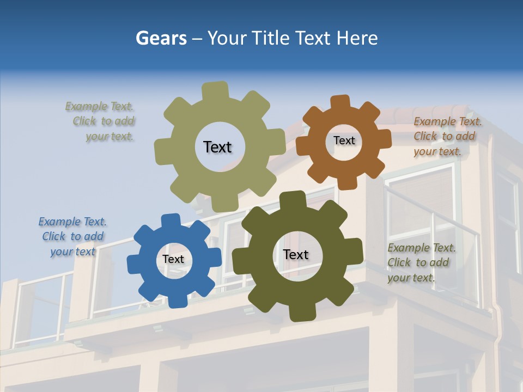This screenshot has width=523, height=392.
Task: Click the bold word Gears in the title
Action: pyautogui.click(x=161, y=38)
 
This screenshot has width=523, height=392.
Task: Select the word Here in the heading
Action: pyautogui.click(x=357, y=38)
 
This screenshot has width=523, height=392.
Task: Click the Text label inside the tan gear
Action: pyautogui.click(x=217, y=147)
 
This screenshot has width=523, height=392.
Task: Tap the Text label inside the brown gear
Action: pyautogui.click(x=344, y=140)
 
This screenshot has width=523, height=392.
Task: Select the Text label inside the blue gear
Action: pyautogui.click(x=173, y=260)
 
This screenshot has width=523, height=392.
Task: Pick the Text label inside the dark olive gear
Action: pyautogui.click(x=296, y=255)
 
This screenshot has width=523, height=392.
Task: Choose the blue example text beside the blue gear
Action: pyautogui.click(x=73, y=237)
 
